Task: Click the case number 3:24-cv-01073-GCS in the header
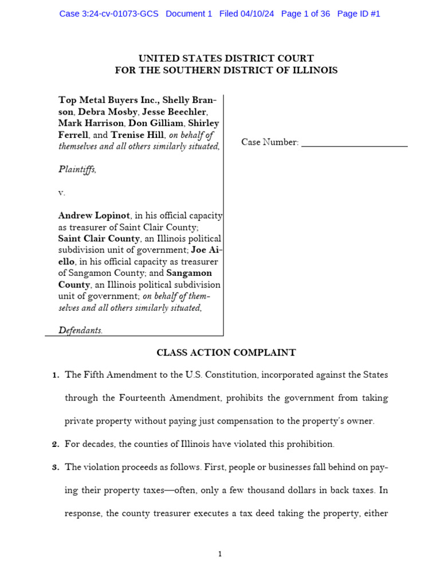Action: (x=119, y=14)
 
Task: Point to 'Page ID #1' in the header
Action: (x=359, y=14)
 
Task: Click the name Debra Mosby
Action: (x=101, y=112)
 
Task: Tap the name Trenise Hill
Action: (x=137, y=134)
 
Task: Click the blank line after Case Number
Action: (x=354, y=142)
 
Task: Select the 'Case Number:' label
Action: (x=270, y=142)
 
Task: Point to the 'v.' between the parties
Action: (x=62, y=193)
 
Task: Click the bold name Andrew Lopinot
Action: (x=94, y=216)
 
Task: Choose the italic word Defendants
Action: (x=80, y=330)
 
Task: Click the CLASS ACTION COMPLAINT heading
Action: (x=226, y=353)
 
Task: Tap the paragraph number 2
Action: (x=55, y=444)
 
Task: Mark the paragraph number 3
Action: (x=55, y=467)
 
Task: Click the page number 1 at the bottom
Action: (x=220, y=554)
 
